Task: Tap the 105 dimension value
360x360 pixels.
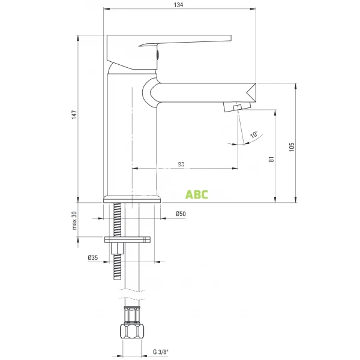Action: pos(291,146)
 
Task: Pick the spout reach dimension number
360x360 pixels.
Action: pos(181,164)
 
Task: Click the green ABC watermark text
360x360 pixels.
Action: pos(196,194)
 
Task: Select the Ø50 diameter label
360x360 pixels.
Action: pos(180,214)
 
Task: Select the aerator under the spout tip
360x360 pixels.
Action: pos(235,107)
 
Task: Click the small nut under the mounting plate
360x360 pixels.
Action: pos(116,249)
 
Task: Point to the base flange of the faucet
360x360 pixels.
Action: pos(133,199)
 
